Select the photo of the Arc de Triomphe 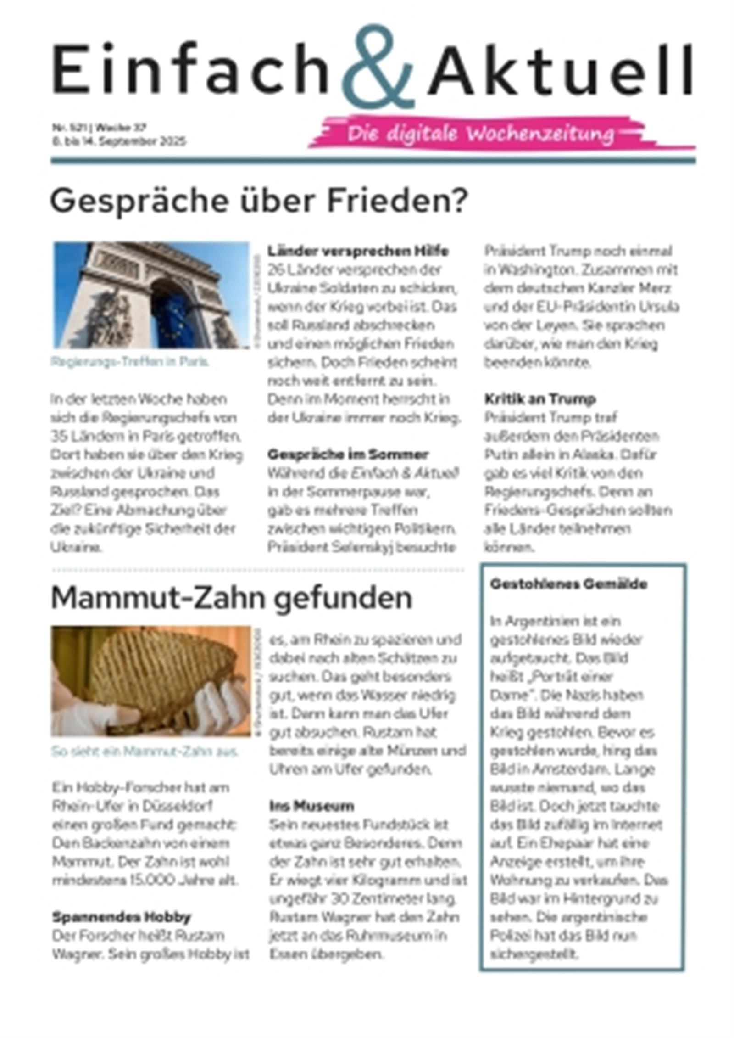coord(151,295)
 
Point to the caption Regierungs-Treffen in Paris coord(130,362)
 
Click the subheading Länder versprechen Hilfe coord(358,251)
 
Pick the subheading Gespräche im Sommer coord(348,454)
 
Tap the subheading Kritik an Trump coord(540,399)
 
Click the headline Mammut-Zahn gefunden coord(231,598)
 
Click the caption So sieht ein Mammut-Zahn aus coord(145,752)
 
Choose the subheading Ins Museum coord(311,806)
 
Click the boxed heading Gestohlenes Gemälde coord(568,584)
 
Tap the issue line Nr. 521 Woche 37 coord(99,127)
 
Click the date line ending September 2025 coord(118,141)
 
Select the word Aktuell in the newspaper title coord(560,69)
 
